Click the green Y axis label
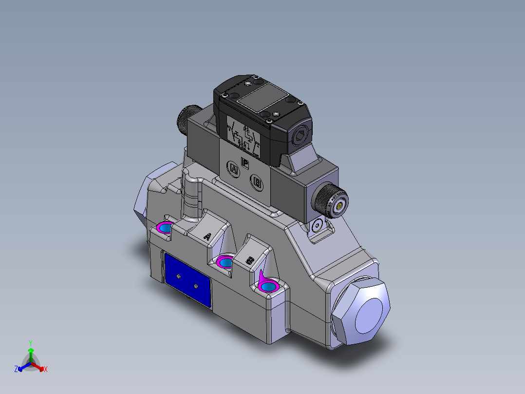click(x=30, y=343)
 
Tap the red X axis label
click(x=45, y=370)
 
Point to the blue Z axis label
click(x=16, y=370)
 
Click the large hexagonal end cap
click(x=363, y=313)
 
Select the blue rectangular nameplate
click(x=187, y=280)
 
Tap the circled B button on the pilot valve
click(x=257, y=183)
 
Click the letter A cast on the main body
click(x=207, y=236)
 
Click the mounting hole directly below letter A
click(x=225, y=263)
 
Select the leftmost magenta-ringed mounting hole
click(x=165, y=228)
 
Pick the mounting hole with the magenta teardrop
click(x=268, y=286)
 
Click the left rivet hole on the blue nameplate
click(x=178, y=277)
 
